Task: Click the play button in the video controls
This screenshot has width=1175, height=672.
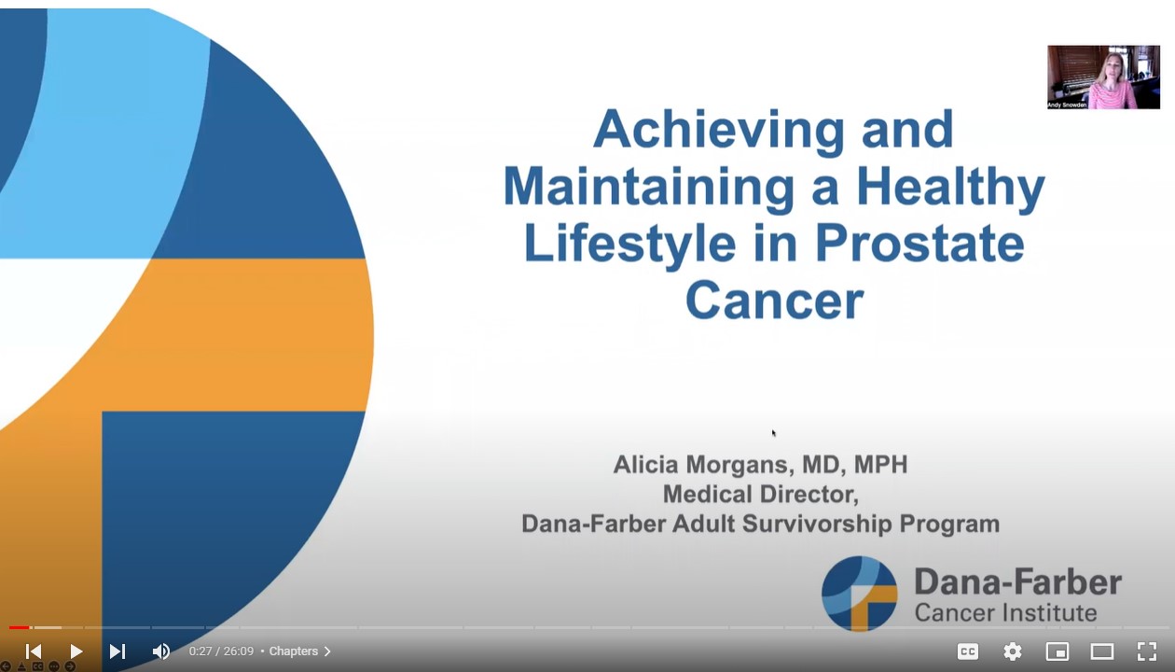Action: tap(76, 651)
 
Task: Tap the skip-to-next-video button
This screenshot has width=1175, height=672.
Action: tap(117, 651)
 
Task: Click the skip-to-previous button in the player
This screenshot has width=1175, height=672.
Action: tap(34, 651)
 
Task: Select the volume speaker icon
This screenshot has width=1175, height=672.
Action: tap(160, 651)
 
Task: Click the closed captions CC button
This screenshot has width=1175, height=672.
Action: tap(968, 651)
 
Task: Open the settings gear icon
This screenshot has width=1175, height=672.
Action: tap(1013, 651)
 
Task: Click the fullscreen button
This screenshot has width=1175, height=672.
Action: tap(1147, 651)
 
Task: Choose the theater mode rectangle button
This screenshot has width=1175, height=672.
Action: tap(1102, 651)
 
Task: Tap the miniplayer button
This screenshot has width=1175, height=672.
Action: tap(1057, 651)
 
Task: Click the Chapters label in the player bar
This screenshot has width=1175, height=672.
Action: tap(294, 651)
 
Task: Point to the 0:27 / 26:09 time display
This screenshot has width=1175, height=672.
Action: tap(221, 651)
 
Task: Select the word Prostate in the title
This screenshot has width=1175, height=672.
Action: tap(919, 243)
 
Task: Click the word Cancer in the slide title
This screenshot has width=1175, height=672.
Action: tap(774, 301)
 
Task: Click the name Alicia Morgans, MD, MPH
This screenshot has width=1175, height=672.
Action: tap(760, 465)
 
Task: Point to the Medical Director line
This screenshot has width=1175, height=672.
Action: tap(760, 494)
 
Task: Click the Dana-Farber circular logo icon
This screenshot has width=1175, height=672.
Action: tap(859, 594)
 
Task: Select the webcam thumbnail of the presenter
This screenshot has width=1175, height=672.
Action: tap(1103, 77)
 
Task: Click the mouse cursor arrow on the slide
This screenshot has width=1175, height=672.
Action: tap(773, 432)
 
